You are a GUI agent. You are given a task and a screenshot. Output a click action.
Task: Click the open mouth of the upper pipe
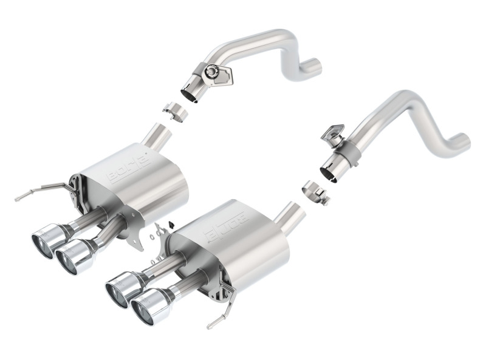tap(189, 93)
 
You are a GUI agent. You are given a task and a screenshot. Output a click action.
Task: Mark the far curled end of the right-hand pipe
tap(465, 142)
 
